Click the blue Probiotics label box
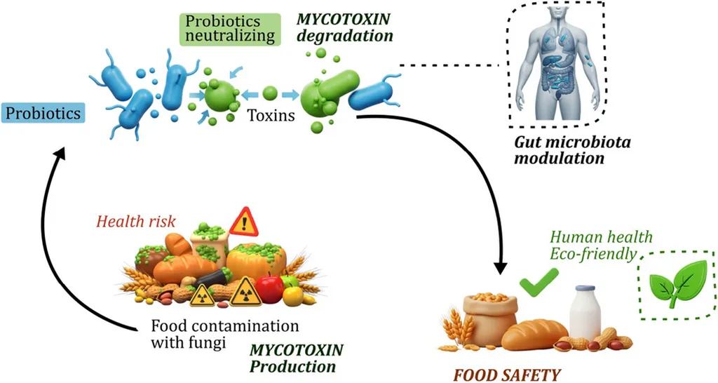click(x=43, y=112)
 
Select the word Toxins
click(x=271, y=115)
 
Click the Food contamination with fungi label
click(x=224, y=335)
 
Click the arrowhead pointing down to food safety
click(x=501, y=268)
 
